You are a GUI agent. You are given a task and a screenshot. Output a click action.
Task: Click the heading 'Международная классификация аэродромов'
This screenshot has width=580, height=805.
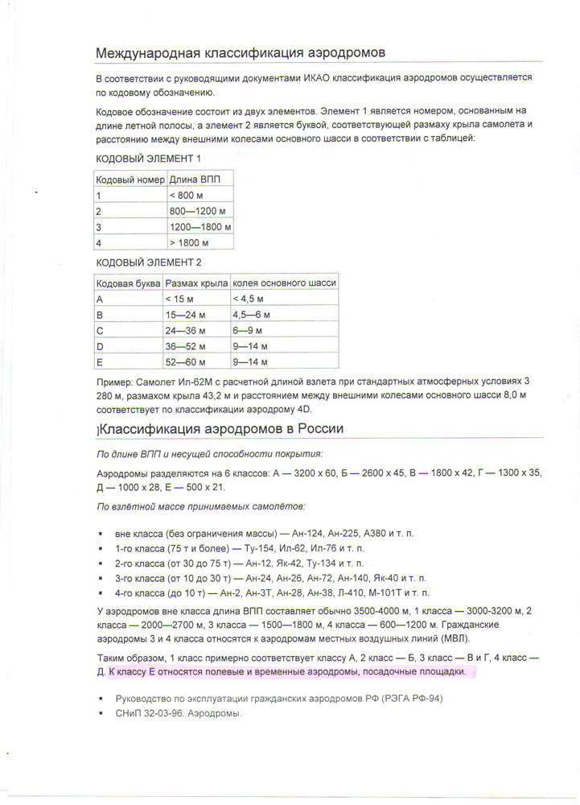point(241,52)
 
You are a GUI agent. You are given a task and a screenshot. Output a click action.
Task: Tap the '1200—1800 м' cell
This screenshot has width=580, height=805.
point(200,226)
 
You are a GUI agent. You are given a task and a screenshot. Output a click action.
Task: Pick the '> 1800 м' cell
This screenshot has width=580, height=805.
point(189,242)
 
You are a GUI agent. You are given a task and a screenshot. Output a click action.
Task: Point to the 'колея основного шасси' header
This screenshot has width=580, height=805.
point(284,283)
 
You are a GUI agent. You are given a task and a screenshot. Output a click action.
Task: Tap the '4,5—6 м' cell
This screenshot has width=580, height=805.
point(252,315)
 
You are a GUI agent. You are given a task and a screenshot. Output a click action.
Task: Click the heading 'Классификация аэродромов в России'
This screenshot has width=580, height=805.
point(221,429)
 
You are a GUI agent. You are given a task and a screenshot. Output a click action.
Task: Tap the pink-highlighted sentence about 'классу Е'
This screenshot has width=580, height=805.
point(286,671)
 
